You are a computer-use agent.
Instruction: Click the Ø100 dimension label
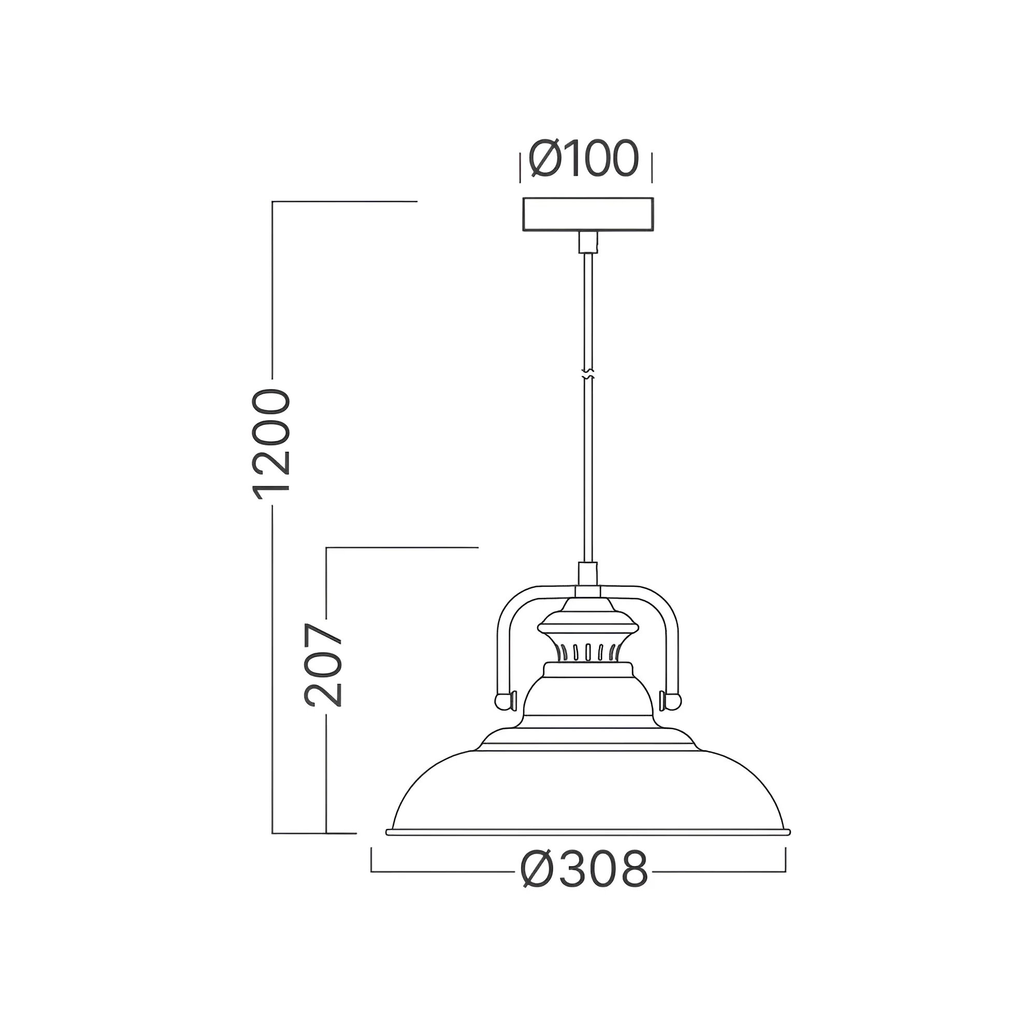coord(583,159)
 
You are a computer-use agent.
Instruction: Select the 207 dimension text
coord(323,665)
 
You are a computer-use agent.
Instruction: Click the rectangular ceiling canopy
coord(588,214)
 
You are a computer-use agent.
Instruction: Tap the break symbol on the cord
coord(588,375)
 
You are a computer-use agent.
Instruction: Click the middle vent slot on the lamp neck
coord(588,652)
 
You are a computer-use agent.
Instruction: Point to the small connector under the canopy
coord(588,242)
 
